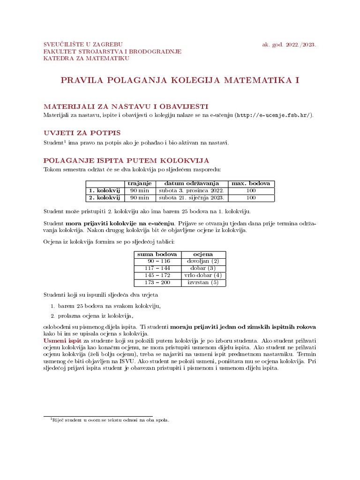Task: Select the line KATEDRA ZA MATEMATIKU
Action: [x=86, y=59]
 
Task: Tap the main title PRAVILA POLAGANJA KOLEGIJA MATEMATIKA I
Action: [x=180, y=81]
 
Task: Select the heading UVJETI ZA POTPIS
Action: [x=82, y=133]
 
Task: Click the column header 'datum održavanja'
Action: [x=192, y=183]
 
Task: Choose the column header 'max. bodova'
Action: [x=251, y=183]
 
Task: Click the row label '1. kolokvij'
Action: [x=104, y=191]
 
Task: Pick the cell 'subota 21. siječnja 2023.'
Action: [x=192, y=198]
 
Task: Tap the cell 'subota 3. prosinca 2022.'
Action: [x=192, y=191]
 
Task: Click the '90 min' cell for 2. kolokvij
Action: [x=139, y=198]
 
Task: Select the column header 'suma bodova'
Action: [x=157, y=254]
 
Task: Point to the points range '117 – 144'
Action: [x=157, y=268]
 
